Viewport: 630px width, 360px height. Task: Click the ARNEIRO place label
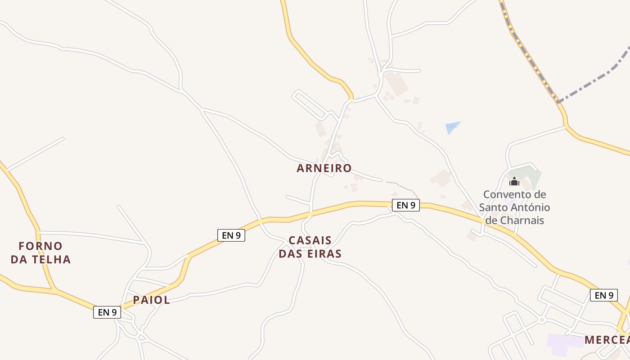pos(324,168)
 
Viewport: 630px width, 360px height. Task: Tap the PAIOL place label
pos(151,300)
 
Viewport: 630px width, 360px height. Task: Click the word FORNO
pos(40,246)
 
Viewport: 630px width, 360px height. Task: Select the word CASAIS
pos(310,240)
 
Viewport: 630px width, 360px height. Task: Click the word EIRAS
pos(323,254)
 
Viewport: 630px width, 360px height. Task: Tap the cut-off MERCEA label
pos(607,340)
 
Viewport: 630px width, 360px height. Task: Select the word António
pos(529,207)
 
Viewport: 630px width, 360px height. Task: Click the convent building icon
pos(514,182)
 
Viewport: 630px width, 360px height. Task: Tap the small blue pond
pos(452,127)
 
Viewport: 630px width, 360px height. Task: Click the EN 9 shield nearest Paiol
pos(107,312)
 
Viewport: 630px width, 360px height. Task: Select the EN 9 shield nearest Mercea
pos(603,295)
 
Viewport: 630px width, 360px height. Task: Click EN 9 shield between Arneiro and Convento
pos(405,205)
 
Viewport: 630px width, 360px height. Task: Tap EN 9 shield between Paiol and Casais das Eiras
pos(231,235)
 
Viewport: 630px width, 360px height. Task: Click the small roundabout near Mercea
pos(542,320)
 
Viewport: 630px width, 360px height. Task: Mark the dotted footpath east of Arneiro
pos(403,185)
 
